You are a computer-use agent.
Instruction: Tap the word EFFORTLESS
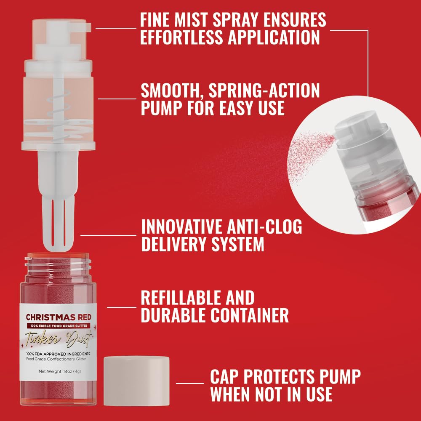click(x=181, y=37)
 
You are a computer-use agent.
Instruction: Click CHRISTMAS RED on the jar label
click(x=58, y=317)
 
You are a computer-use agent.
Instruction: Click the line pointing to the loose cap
click(x=189, y=383)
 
